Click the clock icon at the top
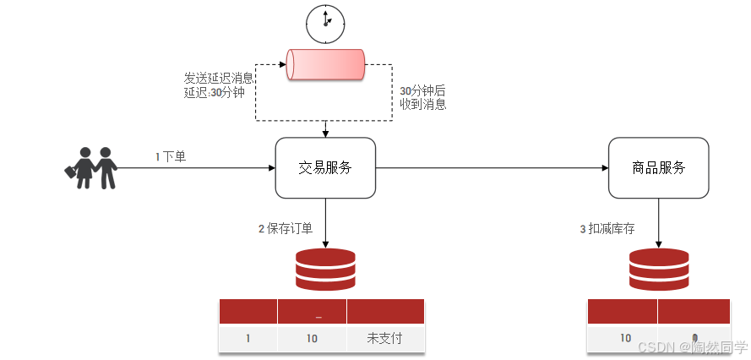point(325,23)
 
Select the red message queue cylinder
point(325,65)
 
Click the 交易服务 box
point(325,168)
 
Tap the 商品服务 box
point(658,168)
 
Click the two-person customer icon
point(91,167)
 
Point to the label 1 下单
point(171,156)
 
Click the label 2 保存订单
point(286,228)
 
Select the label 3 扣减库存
point(607,228)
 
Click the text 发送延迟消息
point(219,78)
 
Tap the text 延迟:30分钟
point(214,92)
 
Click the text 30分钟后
point(422,90)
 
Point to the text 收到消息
point(422,105)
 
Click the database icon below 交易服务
point(325,270)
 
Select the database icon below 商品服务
point(658,270)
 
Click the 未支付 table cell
point(384,338)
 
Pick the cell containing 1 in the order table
point(248,338)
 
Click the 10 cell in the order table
point(311,338)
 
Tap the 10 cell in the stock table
point(625,338)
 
